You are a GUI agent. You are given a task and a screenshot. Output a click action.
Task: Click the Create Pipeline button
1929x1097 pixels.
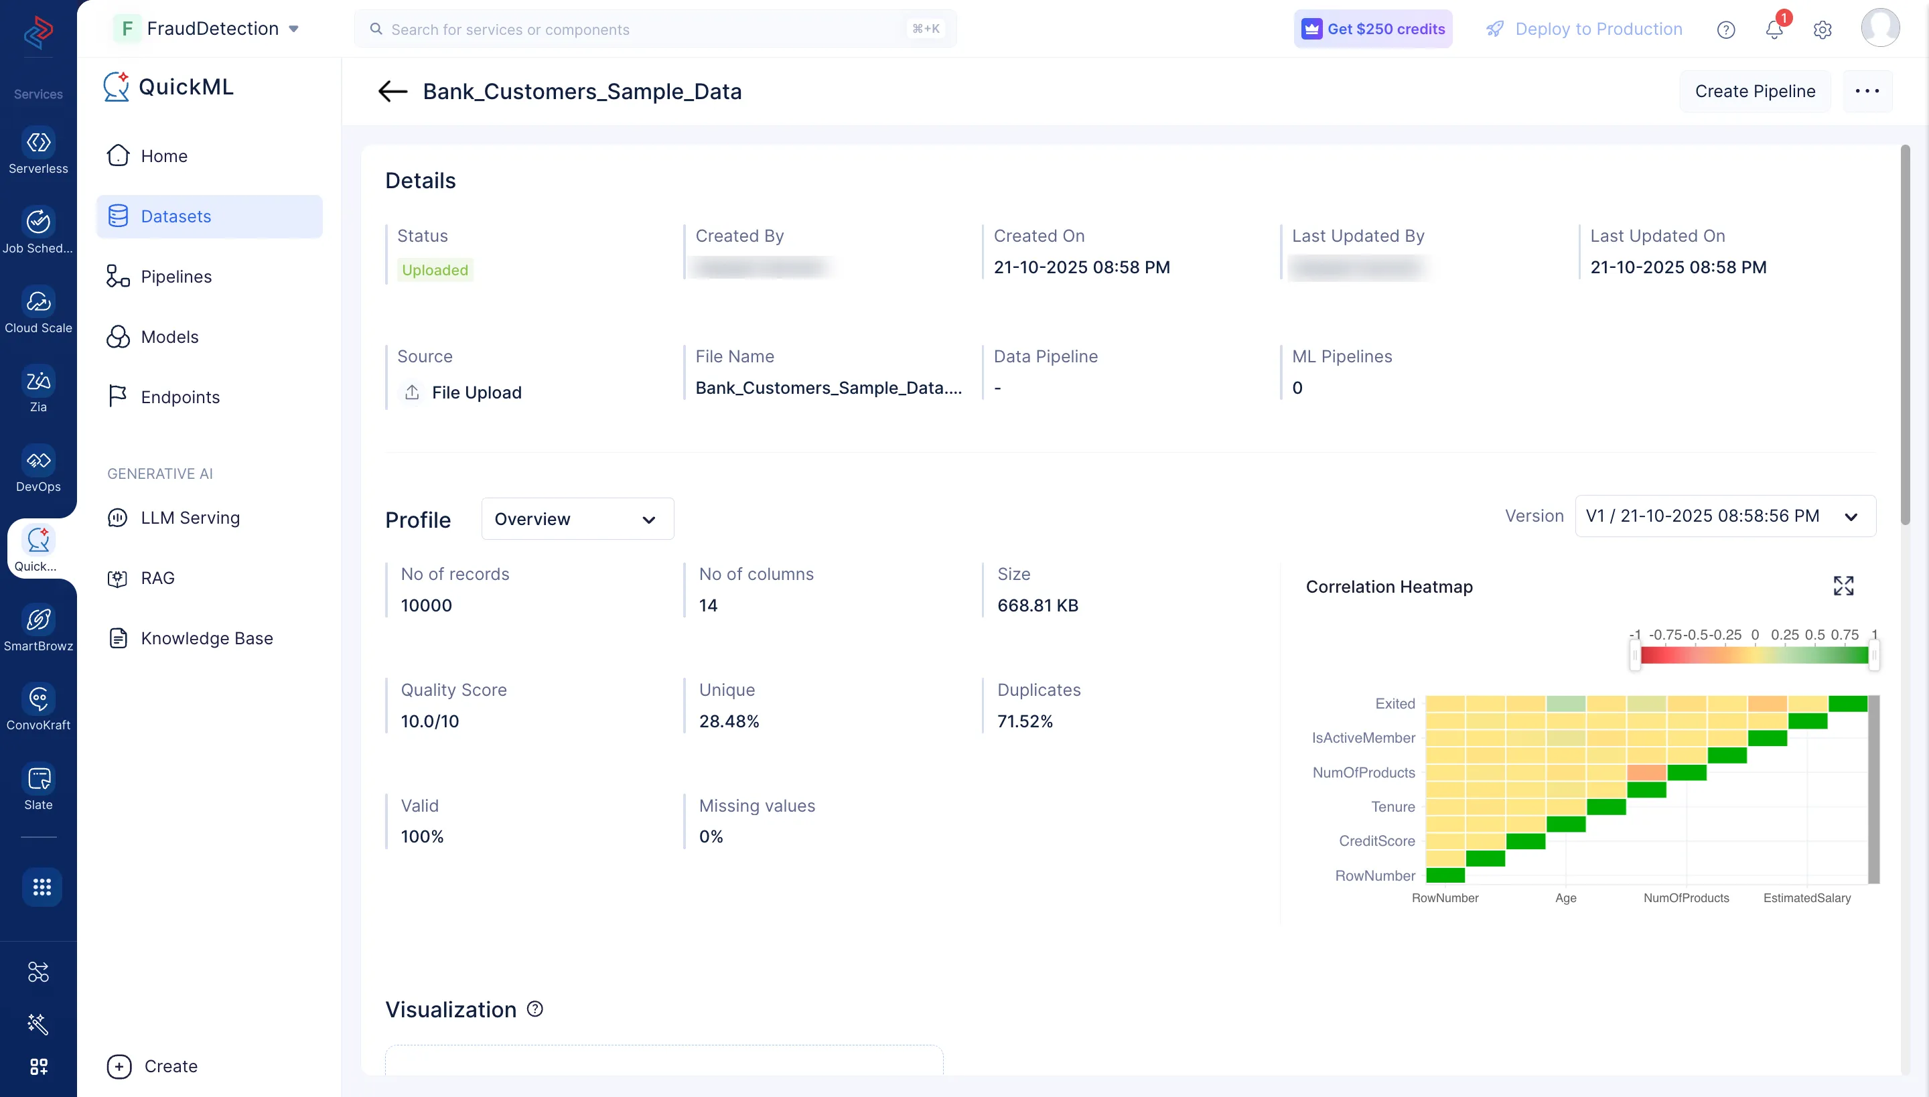[1754, 91]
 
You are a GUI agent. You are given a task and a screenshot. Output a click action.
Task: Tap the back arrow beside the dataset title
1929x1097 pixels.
[392, 91]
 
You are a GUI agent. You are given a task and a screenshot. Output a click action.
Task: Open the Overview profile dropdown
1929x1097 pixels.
[577, 519]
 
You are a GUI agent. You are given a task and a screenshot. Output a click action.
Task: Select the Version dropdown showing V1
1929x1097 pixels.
[1724, 516]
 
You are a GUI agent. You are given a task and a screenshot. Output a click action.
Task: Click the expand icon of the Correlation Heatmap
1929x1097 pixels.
[1843, 585]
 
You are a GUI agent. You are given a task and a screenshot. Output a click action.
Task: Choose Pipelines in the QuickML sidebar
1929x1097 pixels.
[175, 277]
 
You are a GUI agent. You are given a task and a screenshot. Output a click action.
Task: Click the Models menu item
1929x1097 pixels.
[169, 337]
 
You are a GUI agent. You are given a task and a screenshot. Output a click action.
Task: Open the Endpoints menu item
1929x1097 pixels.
[180, 397]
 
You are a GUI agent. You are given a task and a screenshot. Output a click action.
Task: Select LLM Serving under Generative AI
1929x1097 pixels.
[190, 518]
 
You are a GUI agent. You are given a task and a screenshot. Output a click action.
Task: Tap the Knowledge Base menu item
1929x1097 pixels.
[206, 638]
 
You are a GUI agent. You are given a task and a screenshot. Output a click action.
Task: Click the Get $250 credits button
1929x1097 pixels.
[1373, 29]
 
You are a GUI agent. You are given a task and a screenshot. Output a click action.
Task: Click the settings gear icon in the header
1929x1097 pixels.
[1822, 29]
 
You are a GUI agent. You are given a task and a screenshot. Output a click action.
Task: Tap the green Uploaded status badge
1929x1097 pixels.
[435, 270]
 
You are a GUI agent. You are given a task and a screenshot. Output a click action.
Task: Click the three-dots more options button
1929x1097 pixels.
[1867, 91]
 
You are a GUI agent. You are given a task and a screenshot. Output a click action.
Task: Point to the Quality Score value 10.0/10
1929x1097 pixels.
[429, 721]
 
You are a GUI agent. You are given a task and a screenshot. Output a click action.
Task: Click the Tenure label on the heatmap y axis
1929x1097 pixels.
[1392, 806]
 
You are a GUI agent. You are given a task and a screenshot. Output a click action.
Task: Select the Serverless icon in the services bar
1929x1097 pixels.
[38, 151]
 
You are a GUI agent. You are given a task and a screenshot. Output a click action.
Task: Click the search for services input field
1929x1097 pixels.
[640, 29]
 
